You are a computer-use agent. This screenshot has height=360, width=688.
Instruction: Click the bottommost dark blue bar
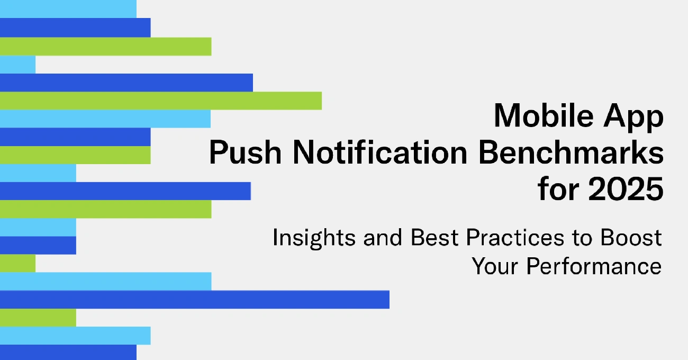pos(68,353)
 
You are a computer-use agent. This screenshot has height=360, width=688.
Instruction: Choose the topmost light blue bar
pos(68,8)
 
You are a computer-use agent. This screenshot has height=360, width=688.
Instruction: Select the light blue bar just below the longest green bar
pos(105,119)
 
